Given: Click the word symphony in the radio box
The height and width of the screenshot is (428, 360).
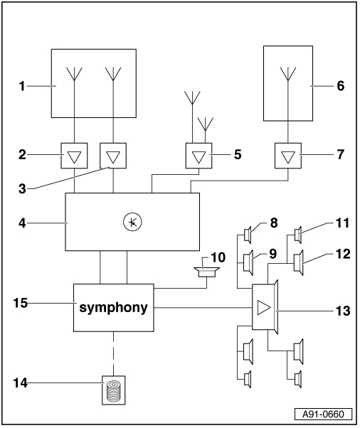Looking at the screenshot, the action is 113,308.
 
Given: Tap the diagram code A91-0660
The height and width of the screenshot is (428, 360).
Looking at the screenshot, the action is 323,414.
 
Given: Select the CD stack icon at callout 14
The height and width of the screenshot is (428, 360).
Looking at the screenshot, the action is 114,390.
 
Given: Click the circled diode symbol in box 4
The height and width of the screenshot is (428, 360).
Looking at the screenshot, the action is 132,222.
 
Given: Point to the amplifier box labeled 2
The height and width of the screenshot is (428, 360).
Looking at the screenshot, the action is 74,156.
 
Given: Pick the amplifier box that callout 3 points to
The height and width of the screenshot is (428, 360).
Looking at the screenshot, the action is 113,156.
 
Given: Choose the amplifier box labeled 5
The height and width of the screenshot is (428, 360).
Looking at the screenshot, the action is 198,156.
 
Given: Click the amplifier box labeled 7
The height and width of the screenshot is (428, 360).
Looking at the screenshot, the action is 288,156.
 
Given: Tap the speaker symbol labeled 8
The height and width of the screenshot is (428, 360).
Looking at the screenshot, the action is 248,235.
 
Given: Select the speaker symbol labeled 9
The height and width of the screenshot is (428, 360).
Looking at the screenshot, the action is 248,262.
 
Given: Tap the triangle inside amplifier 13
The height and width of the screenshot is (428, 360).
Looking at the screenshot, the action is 263,308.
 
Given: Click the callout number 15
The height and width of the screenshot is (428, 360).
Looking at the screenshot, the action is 21,303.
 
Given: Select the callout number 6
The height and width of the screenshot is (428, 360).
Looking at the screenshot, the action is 341,86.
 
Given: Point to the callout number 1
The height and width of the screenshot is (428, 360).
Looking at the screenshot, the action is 22,86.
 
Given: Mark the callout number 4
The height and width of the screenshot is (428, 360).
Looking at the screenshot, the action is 22,223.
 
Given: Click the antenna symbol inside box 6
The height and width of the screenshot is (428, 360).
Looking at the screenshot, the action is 288,74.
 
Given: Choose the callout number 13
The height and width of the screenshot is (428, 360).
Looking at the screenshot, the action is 343,311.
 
